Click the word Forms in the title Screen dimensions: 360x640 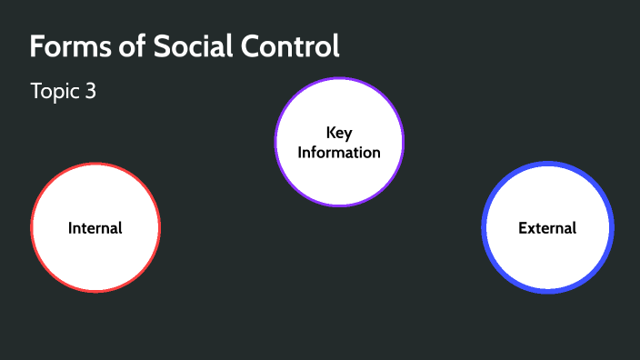point(65,46)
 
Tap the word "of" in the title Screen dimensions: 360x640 point(119,46)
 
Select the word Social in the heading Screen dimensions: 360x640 point(175,46)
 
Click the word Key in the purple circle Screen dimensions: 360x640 point(339,133)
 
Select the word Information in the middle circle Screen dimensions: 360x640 point(339,152)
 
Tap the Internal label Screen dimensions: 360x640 point(95,227)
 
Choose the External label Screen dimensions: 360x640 point(547,227)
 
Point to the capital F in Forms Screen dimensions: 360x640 point(37,46)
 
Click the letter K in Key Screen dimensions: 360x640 point(331,133)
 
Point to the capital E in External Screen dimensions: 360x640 point(523,227)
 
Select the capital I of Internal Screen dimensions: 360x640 point(71,227)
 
